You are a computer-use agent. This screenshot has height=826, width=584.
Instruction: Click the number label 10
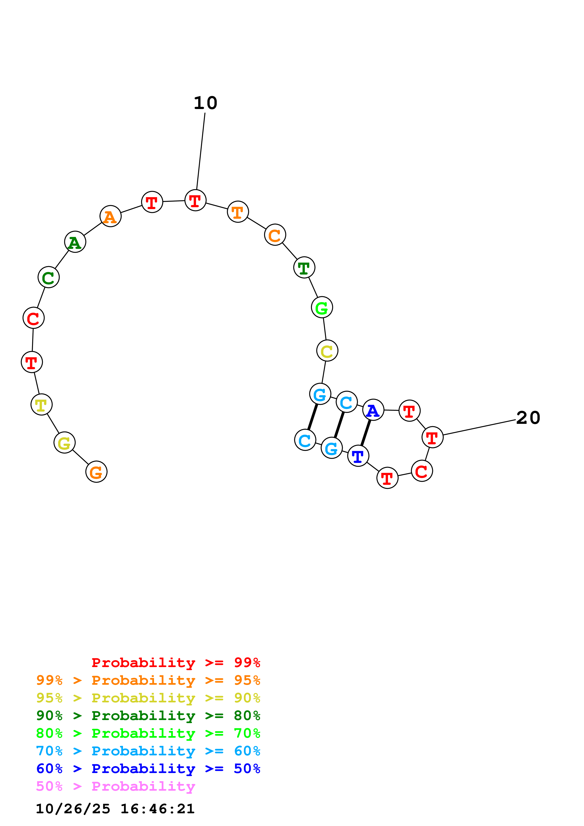tap(205, 103)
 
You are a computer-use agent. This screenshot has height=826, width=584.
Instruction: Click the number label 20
tap(528, 418)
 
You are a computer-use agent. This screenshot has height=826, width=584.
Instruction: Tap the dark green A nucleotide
tap(75, 242)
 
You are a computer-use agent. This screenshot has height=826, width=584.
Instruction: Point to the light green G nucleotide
tap(322, 307)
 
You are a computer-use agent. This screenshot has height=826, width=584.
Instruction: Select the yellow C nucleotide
tap(327, 351)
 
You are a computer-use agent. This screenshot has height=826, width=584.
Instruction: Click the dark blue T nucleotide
tap(358, 456)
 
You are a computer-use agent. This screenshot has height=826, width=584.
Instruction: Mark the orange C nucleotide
tap(275, 235)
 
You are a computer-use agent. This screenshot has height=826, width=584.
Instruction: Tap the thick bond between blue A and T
tap(366, 433)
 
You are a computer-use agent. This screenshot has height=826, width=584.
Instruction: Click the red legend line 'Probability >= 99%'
tap(176, 662)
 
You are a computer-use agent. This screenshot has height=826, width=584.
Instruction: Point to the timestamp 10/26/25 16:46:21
tap(115, 809)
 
